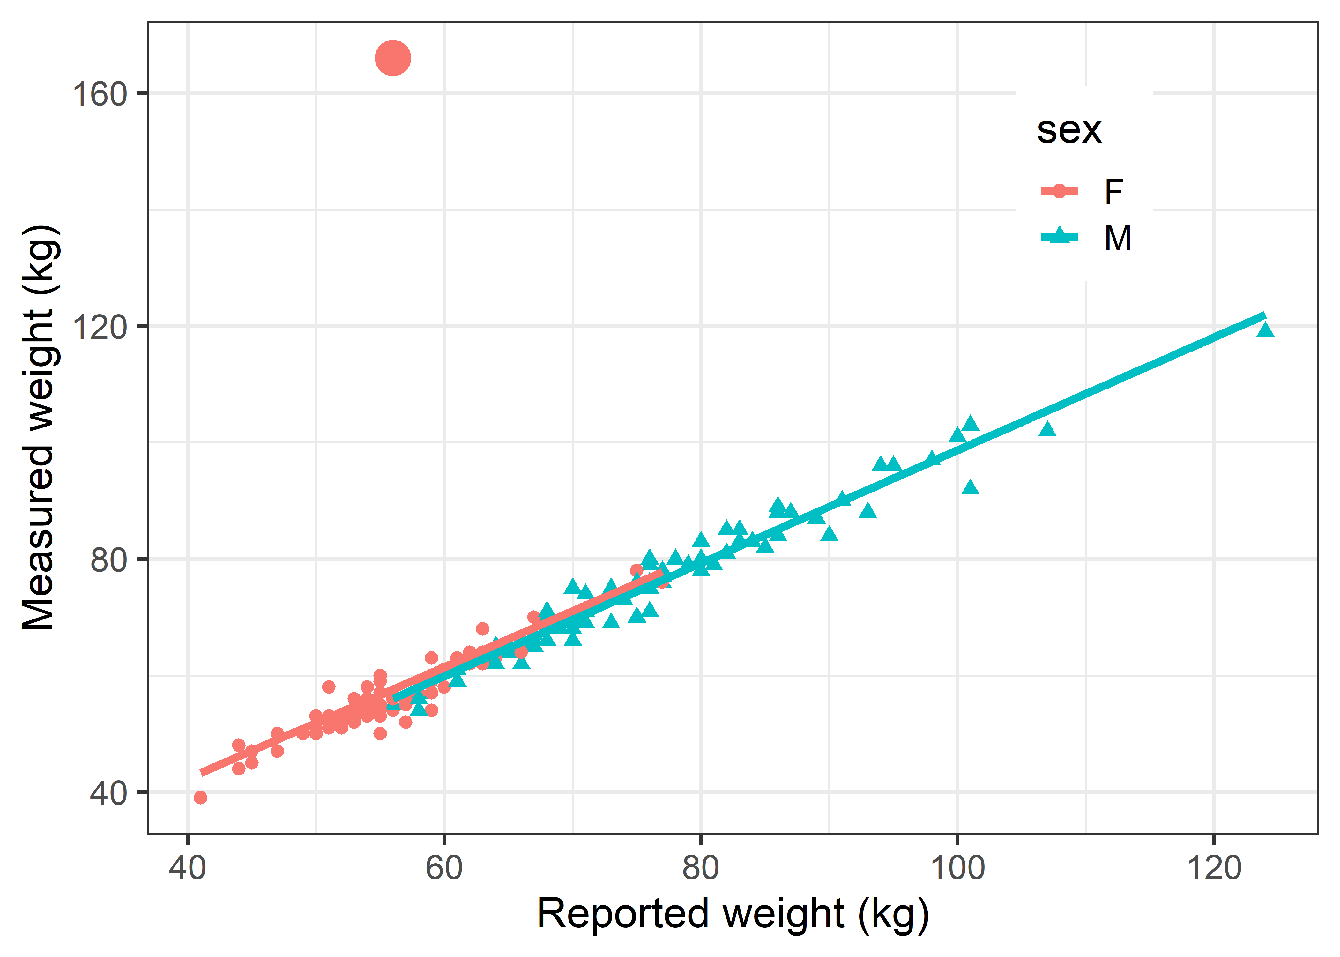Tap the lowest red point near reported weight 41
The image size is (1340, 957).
click(x=200, y=797)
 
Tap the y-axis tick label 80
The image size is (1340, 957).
click(x=109, y=560)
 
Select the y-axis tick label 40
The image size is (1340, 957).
click(x=109, y=793)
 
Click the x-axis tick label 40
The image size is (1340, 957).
click(x=187, y=868)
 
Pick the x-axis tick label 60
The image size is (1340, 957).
click(x=444, y=868)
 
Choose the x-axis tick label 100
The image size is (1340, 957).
click(x=957, y=868)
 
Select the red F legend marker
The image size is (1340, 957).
click(x=1059, y=191)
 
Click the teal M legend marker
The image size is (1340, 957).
click(x=1059, y=237)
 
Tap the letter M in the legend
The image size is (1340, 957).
click(x=1117, y=238)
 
